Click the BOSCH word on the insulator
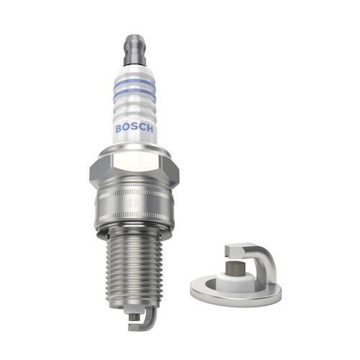[x=134, y=129]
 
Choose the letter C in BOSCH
[x=141, y=129]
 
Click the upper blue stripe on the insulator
[x=135, y=81]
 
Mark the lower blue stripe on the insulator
[x=135, y=93]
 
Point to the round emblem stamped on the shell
[x=132, y=204]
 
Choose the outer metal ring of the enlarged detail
[x=209, y=292]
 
